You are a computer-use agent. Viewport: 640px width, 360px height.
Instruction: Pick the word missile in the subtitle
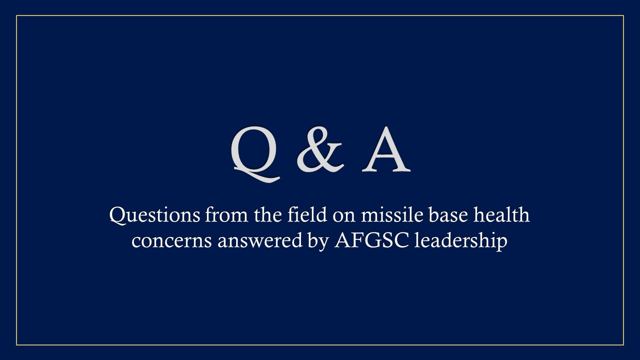pyautogui.click(x=390, y=215)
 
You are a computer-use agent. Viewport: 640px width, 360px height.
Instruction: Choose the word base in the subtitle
pyautogui.click(x=448, y=215)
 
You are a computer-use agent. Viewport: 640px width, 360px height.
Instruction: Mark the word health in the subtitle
pyautogui.click(x=502, y=215)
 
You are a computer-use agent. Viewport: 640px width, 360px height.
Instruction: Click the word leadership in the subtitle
pyautogui.click(x=461, y=241)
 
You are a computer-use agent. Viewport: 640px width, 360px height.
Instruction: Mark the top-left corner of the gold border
pyautogui.click(x=16, y=15)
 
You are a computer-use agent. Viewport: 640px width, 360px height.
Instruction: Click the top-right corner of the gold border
pyautogui.click(x=623, y=15)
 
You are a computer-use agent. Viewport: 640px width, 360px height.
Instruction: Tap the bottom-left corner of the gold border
pyautogui.click(x=16, y=345)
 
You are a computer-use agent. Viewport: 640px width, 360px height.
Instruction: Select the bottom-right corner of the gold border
pyautogui.click(x=623, y=345)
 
